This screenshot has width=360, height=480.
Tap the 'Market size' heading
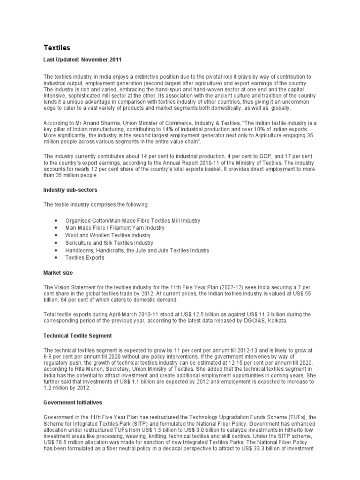click(x=58, y=272)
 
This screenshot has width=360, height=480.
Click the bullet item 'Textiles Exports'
click(x=85, y=258)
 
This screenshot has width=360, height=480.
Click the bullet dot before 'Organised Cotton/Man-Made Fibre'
click(x=56, y=220)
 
